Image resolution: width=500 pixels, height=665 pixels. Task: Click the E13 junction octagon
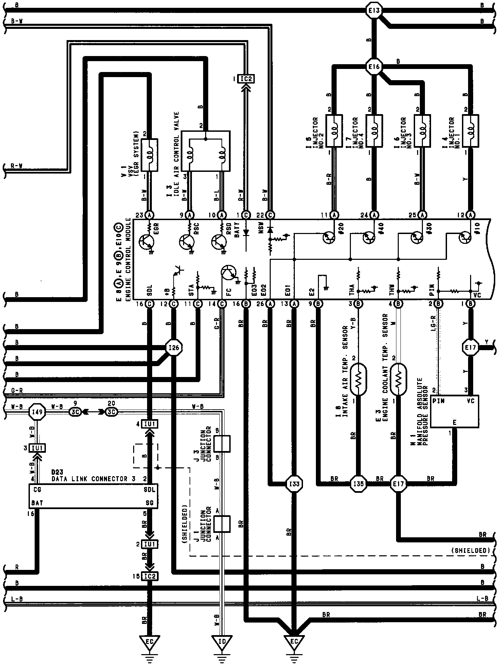tap(374, 11)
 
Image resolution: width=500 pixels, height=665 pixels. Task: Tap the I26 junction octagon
tap(174, 347)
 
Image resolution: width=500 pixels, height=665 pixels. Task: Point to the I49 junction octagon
tap(37, 412)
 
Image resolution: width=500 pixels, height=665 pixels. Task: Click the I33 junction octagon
tap(294, 483)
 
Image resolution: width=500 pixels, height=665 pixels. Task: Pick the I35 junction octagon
tap(358, 483)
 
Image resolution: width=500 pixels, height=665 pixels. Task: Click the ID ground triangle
tap(222, 641)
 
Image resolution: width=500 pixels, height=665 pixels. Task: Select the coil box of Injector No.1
tap(471, 131)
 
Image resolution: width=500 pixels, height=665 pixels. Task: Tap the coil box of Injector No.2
tap(334, 131)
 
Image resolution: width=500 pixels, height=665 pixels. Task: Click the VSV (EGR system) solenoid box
tap(149, 155)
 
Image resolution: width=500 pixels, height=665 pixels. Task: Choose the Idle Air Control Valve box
tap(206, 151)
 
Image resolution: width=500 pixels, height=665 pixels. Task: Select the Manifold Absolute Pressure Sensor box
tap(454, 411)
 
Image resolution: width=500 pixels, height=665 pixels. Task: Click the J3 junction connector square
tap(222, 444)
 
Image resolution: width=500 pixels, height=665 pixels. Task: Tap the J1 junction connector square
tap(222, 523)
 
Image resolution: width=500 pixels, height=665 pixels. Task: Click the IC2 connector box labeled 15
tap(149, 576)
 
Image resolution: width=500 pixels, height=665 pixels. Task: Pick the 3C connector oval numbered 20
tap(111, 412)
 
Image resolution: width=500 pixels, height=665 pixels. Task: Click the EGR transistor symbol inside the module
tap(147, 241)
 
